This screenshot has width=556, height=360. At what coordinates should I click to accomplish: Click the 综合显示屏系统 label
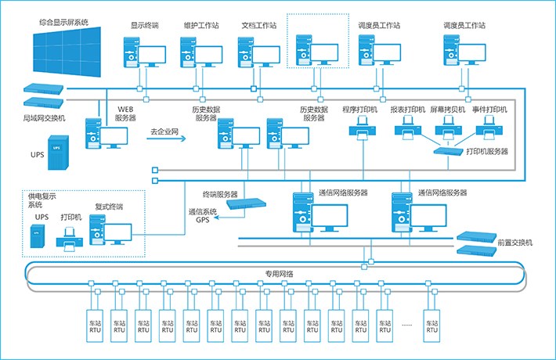click(63, 23)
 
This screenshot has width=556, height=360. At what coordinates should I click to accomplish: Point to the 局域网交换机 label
click(45, 117)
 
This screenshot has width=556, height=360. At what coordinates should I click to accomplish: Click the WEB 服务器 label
click(125, 113)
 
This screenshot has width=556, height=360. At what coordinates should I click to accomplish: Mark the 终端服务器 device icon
click(240, 203)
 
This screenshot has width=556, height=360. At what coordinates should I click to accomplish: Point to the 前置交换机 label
click(514, 243)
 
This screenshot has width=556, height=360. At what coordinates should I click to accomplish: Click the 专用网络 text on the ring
click(278, 274)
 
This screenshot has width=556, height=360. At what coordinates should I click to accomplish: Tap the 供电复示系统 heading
click(42, 200)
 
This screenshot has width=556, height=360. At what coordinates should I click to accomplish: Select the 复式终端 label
click(109, 207)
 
